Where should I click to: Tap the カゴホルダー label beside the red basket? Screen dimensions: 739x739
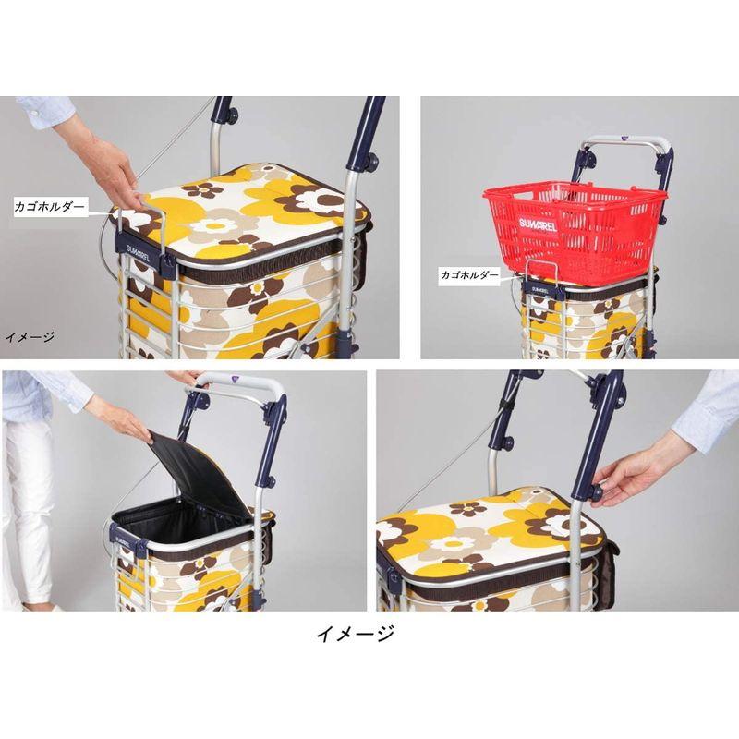469,274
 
